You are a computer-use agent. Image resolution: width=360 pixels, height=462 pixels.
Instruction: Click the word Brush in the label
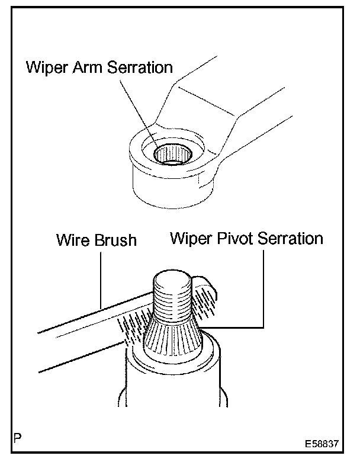click(x=115, y=240)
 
